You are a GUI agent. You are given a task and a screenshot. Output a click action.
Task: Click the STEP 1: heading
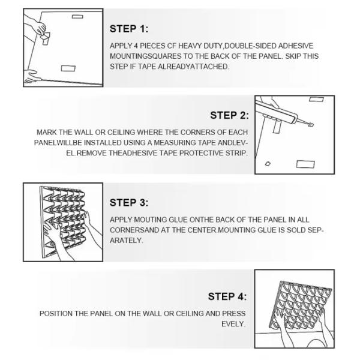click(x=129, y=29)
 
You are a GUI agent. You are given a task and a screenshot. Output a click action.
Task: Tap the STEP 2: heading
click(x=229, y=115)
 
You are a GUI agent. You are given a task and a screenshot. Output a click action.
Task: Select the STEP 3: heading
click(x=129, y=203)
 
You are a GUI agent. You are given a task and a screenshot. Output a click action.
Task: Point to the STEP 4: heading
click(x=227, y=296)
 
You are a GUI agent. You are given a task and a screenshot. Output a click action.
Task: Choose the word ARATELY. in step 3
click(x=126, y=241)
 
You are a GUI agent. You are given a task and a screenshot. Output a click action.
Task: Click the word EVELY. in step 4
click(x=233, y=324)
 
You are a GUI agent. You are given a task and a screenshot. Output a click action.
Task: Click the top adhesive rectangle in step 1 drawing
click(x=77, y=17)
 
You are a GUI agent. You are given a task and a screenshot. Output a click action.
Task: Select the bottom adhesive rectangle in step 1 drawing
click(x=68, y=68)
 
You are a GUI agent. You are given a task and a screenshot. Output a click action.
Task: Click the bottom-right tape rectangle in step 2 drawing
click(x=305, y=164)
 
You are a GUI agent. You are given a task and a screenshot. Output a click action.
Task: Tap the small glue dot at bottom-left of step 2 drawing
click(x=268, y=164)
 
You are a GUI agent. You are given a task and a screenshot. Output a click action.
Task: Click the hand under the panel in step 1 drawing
click(x=31, y=76)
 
